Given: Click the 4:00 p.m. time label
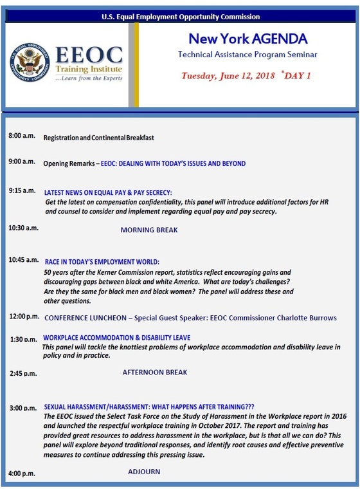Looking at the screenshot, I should coord(22,474).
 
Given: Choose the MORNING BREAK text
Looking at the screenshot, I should coord(149,230).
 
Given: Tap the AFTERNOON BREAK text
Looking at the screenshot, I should coord(154,372).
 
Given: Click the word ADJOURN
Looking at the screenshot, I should coord(144,472).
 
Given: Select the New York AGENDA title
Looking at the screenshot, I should coord(247,40).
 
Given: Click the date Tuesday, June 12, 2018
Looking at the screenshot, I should coord(233,75).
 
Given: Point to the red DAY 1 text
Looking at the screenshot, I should coord(298,75).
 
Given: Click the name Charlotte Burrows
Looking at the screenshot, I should coord(307,318).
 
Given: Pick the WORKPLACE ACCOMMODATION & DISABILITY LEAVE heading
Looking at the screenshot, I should coord(116,338).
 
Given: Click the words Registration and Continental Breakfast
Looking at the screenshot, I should coord(98,138).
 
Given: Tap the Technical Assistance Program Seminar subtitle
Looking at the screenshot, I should coord(247,55).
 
